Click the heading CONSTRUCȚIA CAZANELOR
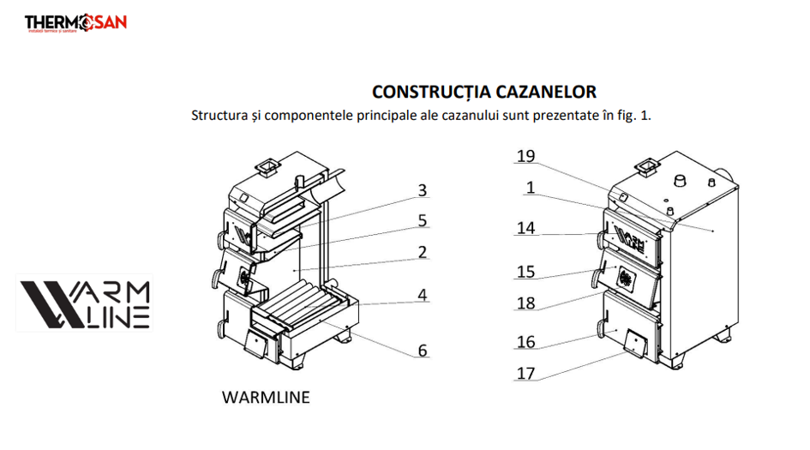[483, 92]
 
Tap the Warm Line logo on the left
[84, 303]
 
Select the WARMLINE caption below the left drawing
[265, 398]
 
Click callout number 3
[422, 190]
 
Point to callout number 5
[422, 220]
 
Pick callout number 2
[422, 252]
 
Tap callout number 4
[422, 294]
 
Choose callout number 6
[422, 350]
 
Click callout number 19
[526, 156]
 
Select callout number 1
[531, 187]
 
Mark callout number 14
[526, 228]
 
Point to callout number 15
[526, 272]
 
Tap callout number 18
[526, 303]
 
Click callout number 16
[526, 342]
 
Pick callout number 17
[526, 374]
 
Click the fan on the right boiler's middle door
[626, 278]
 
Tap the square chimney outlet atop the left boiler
[267, 166]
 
